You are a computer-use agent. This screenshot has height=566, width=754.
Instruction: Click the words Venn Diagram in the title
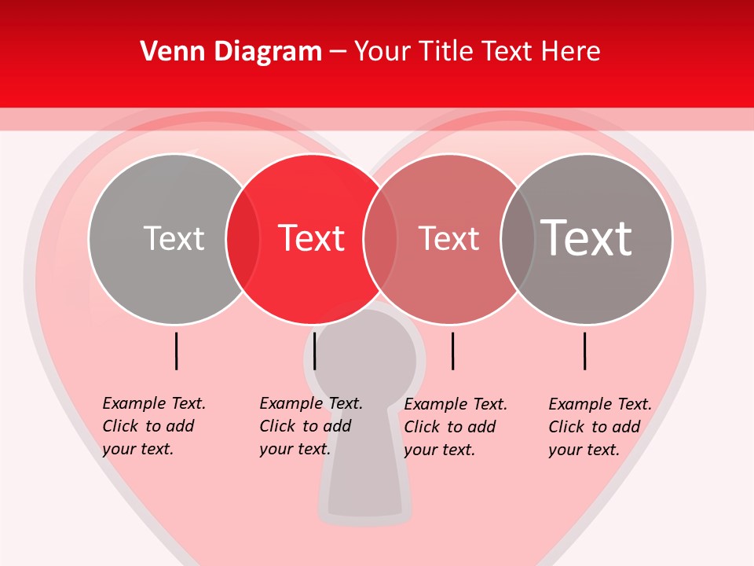coord(231,52)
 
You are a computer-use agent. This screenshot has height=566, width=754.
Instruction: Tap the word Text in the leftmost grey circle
coord(174,238)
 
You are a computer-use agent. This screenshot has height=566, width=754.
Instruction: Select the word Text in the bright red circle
coord(311,238)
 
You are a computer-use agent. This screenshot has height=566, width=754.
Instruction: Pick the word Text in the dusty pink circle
coord(448,238)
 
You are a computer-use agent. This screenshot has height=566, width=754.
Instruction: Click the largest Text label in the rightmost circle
coord(586,238)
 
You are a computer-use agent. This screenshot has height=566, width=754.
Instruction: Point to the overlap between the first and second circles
coord(243,239)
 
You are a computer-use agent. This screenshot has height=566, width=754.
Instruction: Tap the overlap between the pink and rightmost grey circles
coord(517,239)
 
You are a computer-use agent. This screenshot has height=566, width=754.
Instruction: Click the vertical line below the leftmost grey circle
coord(177,351)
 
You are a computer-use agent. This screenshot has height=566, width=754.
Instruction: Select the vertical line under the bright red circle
coord(314,351)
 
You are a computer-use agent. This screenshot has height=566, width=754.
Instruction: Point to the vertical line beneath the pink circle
coord(452,351)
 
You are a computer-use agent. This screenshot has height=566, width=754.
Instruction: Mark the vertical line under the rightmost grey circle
coord(584,351)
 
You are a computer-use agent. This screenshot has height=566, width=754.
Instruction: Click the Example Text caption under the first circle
coord(153,426)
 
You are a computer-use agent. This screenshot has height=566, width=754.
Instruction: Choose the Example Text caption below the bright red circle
coord(310,426)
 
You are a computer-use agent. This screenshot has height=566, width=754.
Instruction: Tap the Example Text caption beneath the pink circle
coord(455,427)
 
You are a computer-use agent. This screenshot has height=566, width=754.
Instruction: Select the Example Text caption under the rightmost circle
coord(599,427)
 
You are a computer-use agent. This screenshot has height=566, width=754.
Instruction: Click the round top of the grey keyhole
coord(365,346)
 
